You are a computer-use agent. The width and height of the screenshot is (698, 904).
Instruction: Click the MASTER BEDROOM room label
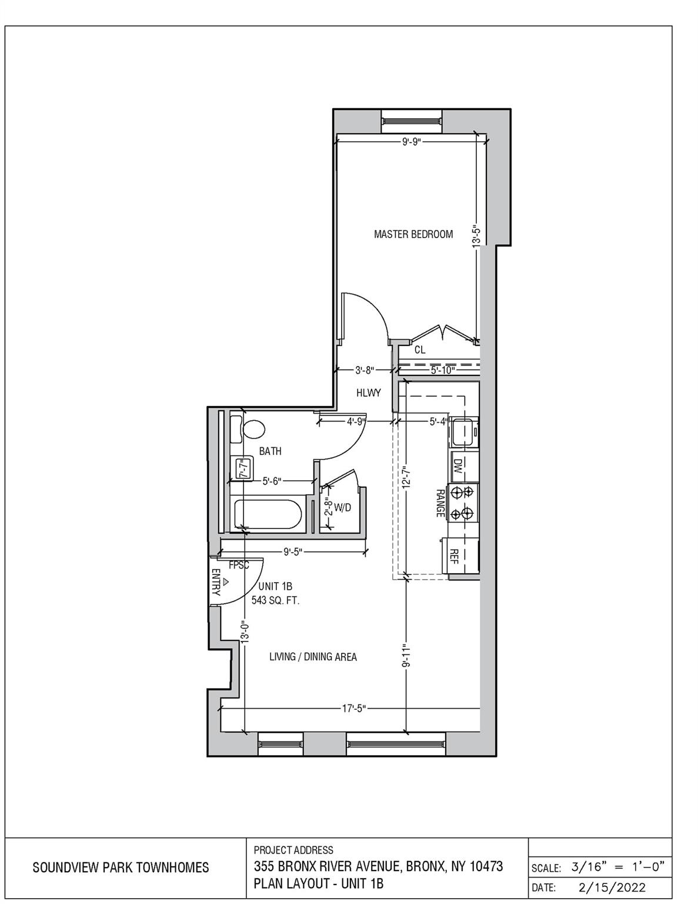(x=413, y=234)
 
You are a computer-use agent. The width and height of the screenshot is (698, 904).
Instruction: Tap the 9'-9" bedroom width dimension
(x=412, y=142)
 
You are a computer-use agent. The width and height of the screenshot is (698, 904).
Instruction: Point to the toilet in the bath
(x=253, y=428)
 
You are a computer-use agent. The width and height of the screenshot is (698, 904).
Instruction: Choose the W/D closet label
(x=342, y=507)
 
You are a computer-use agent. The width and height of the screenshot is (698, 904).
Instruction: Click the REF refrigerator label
(x=454, y=556)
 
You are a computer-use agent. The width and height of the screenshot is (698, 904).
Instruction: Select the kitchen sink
(x=464, y=434)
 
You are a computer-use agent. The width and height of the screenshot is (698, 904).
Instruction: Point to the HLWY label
(x=369, y=393)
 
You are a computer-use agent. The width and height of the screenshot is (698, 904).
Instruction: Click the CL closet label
(x=420, y=350)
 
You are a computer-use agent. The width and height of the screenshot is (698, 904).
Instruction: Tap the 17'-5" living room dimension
(x=354, y=709)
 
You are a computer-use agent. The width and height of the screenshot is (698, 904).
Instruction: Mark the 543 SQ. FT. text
(x=276, y=601)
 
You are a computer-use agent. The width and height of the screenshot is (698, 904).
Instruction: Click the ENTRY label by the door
(x=216, y=582)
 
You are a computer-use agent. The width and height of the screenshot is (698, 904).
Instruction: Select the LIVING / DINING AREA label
(x=313, y=657)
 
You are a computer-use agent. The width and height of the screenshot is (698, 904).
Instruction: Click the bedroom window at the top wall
(x=411, y=121)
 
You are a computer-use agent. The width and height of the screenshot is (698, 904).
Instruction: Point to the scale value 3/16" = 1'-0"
(x=617, y=867)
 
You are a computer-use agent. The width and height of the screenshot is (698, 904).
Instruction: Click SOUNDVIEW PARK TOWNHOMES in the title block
(x=121, y=868)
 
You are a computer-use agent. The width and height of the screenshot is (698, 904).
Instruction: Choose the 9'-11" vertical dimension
(x=406, y=656)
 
